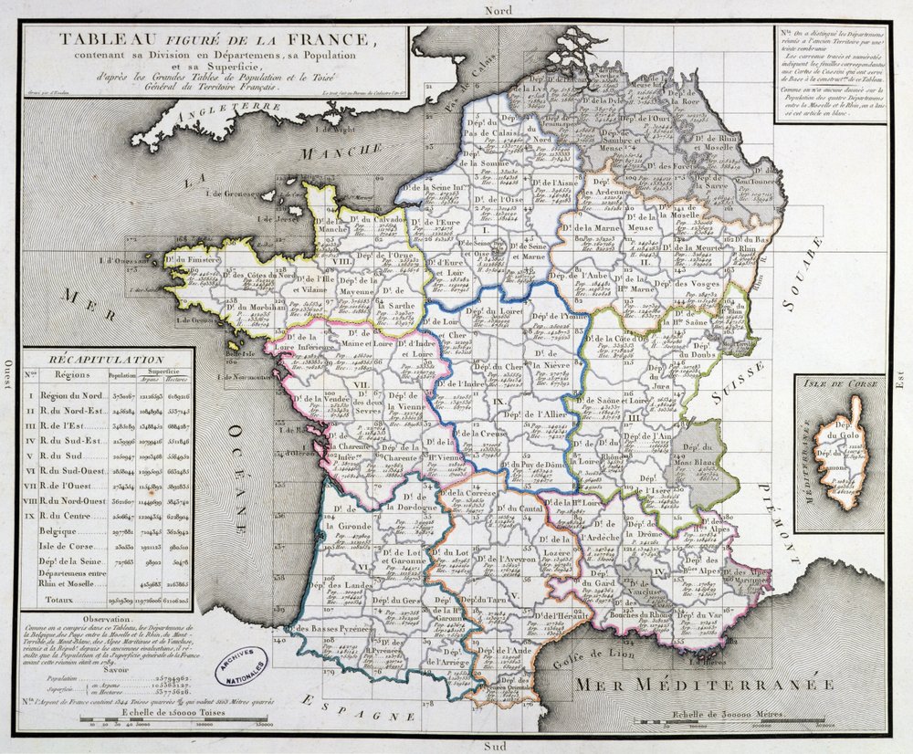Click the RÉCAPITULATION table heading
108,360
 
